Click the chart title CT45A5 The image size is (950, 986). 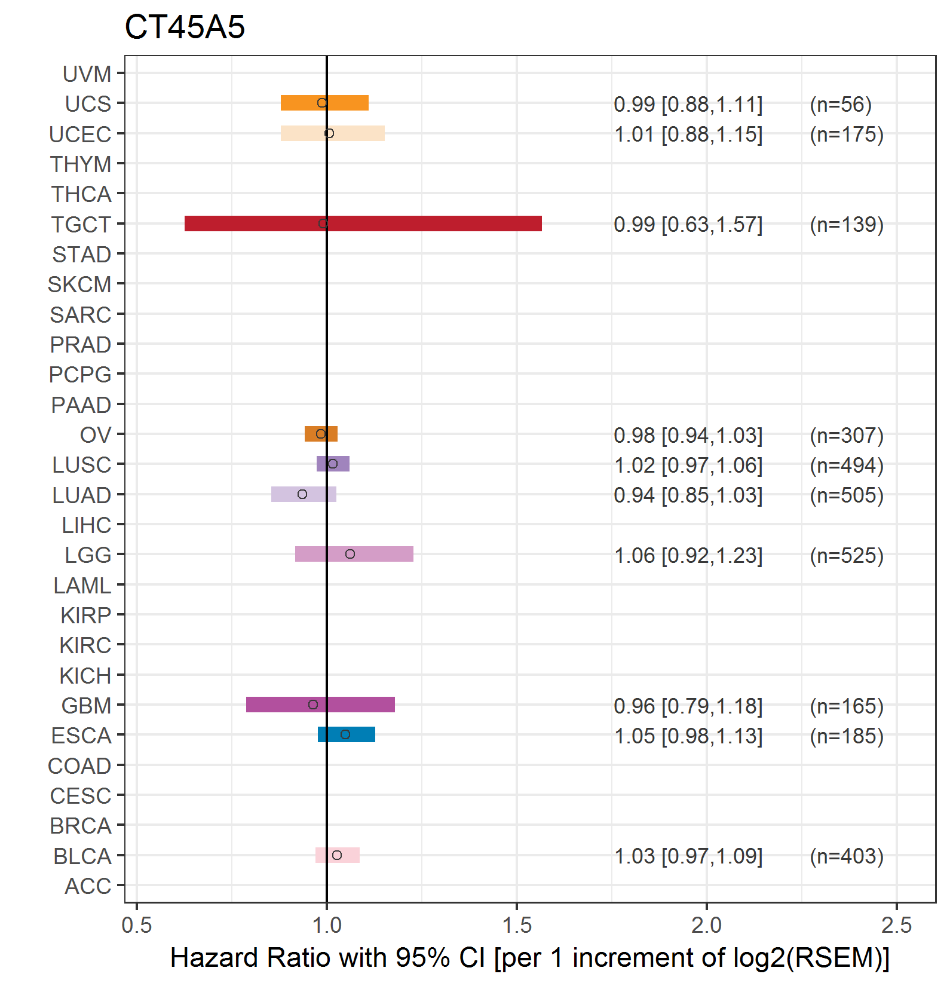tap(185, 27)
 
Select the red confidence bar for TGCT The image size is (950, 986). tap(363, 223)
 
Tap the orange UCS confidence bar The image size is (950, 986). tap(324, 103)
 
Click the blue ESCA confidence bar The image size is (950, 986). tap(347, 734)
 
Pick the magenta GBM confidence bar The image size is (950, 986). tap(320, 705)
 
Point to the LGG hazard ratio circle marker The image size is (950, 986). tap(350, 554)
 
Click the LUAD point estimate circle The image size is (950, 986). tap(302, 494)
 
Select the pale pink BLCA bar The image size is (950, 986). tap(338, 855)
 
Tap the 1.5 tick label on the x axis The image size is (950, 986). tap(517, 925)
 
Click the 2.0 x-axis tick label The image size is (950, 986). tap(707, 925)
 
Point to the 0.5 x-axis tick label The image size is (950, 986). tap(137, 925)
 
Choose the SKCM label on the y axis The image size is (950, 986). tap(79, 284)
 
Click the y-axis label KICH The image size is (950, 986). tap(85, 676)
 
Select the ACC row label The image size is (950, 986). tap(88, 886)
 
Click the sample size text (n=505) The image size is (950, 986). tap(847, 495)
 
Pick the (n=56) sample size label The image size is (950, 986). tap(841, 105)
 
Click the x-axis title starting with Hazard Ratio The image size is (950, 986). tap(530, 958)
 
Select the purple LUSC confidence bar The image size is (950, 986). tap(333, 464)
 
